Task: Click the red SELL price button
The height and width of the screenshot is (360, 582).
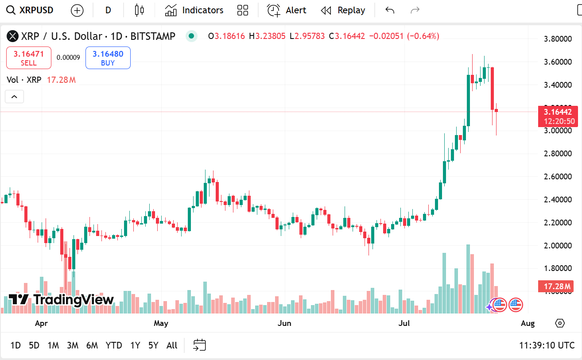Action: [x=29, y=58]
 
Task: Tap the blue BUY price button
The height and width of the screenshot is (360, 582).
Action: [x=108, y=58]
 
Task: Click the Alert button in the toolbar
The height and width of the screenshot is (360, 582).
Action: [x=287, y=10]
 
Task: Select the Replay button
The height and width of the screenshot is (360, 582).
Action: [x=343, y=10]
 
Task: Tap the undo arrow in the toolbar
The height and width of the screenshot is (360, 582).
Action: [x=390, y=10]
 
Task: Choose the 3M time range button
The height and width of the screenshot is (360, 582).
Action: [x=73, y=345]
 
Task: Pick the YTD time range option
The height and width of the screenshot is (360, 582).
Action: [x=114, y=345]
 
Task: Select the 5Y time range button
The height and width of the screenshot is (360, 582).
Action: [x=153, y=345]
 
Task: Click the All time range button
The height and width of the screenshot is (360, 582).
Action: [x=172, y=345]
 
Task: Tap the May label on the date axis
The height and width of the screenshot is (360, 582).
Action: [x=161, y=323]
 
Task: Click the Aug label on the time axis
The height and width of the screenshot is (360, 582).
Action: [x=528, y=323]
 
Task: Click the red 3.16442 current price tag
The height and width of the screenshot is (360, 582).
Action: [x=558, y=112]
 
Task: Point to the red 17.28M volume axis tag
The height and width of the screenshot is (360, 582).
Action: [x=555, y=286]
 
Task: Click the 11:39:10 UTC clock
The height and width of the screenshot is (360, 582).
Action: [x=547, y=345]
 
